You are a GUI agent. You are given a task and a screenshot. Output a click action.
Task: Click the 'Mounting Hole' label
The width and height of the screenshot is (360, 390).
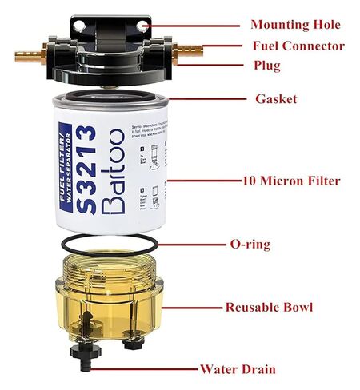(295, 26)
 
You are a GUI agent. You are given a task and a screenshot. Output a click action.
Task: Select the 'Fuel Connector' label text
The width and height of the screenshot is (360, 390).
(298, 46)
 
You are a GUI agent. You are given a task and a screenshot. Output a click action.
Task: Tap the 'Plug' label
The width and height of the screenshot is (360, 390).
(266, 65)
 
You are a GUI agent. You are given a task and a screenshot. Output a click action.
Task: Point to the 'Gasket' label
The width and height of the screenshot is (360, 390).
(276, 99)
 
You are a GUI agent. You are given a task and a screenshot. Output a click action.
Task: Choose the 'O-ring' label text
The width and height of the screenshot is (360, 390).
(272, 244)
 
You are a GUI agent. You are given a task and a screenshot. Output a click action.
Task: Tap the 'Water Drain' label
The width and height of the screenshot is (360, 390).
(238, 369)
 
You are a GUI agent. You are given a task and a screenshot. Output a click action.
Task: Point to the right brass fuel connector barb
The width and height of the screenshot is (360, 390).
(190, 50)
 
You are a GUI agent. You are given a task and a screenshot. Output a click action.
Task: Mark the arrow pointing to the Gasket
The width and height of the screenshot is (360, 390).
(204, 98)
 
